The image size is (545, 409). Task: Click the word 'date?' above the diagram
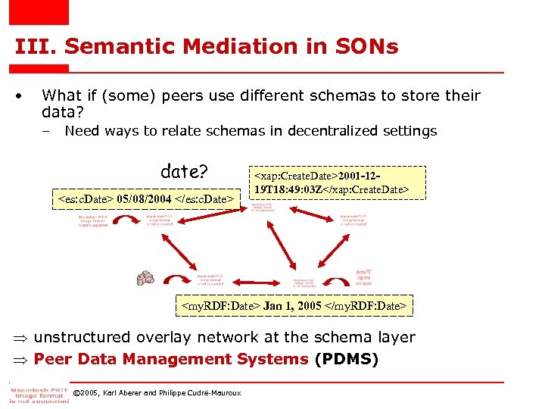click(184, 171)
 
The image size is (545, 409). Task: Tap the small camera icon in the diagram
click(145, 279)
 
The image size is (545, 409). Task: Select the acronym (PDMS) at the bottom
click(346, 358)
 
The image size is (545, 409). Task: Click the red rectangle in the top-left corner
click(39, 12)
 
